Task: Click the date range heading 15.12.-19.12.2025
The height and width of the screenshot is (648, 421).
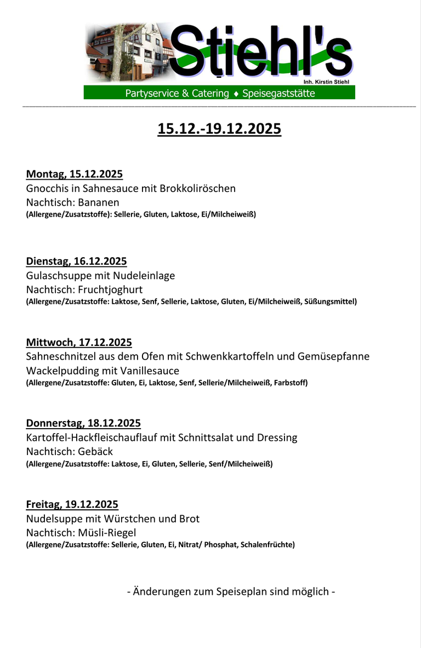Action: (x=219, y=129)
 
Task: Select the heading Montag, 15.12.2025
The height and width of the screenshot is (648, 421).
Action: (x=75, y=174)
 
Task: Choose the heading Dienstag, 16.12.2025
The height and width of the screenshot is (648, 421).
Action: (x=76, y=261)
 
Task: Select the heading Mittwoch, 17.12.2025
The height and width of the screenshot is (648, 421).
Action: (x=79, y=342)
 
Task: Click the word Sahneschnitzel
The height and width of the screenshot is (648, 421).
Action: (x=60, y=356)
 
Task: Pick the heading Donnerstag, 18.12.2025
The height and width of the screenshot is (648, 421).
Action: (x=83, y=423)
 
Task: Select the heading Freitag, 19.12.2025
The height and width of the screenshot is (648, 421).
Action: (x=72, y=504)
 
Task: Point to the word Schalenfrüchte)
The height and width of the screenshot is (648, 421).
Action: (x=268, y=545)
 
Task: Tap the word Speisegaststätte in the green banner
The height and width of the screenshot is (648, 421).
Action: (x=278, y=94)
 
